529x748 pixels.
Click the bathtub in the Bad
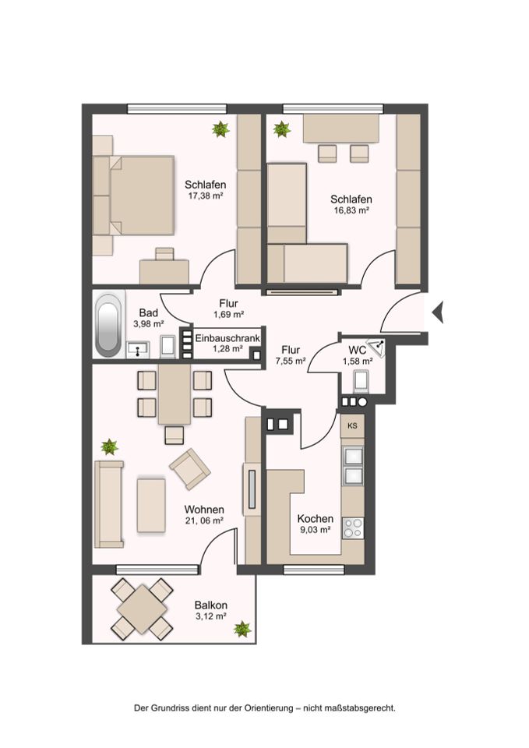coord(108,325)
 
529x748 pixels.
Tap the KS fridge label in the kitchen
coord(352,426)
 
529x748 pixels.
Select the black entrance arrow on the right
coord(438,312)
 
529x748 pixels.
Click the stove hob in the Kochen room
coord(354,529)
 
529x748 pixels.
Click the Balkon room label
coord(211,605)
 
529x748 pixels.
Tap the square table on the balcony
coord(142,609)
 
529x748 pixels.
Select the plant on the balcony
coord(243,630)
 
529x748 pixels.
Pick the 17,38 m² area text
coord(206,196)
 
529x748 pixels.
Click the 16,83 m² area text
coord(351,210)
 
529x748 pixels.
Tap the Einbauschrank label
coord(227,338)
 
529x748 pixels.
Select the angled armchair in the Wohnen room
coord(190,469)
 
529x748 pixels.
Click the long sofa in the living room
coord(109,504)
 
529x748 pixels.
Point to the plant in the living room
coord(110,447)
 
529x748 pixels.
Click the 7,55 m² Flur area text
coord(291,361)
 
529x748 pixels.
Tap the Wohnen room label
coord(204,510)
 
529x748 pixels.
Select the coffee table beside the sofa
coord(151,505)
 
